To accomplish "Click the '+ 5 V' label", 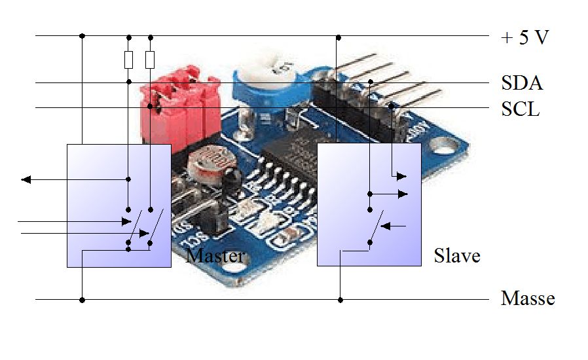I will [x=524, y=37].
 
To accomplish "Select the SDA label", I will [x=522, y=83].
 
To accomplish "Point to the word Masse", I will [x=527, y=299].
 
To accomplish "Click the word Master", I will [x=215, y=255].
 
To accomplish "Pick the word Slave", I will [x=457, y=255].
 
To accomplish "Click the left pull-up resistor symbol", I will [x=128, y=60].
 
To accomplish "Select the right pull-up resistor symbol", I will [x=150, y=60].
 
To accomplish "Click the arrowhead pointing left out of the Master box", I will [x=26, y=179].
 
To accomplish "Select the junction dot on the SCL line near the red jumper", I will [x=150, y=106].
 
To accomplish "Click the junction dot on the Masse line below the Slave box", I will [x=340, y=300].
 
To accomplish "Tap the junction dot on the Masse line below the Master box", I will [x=83, y=300].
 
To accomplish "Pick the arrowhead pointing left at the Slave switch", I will [x=386, y=226].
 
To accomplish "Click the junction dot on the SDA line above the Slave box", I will [x=370, y=82].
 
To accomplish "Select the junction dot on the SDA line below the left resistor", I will [x=128, y=82].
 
